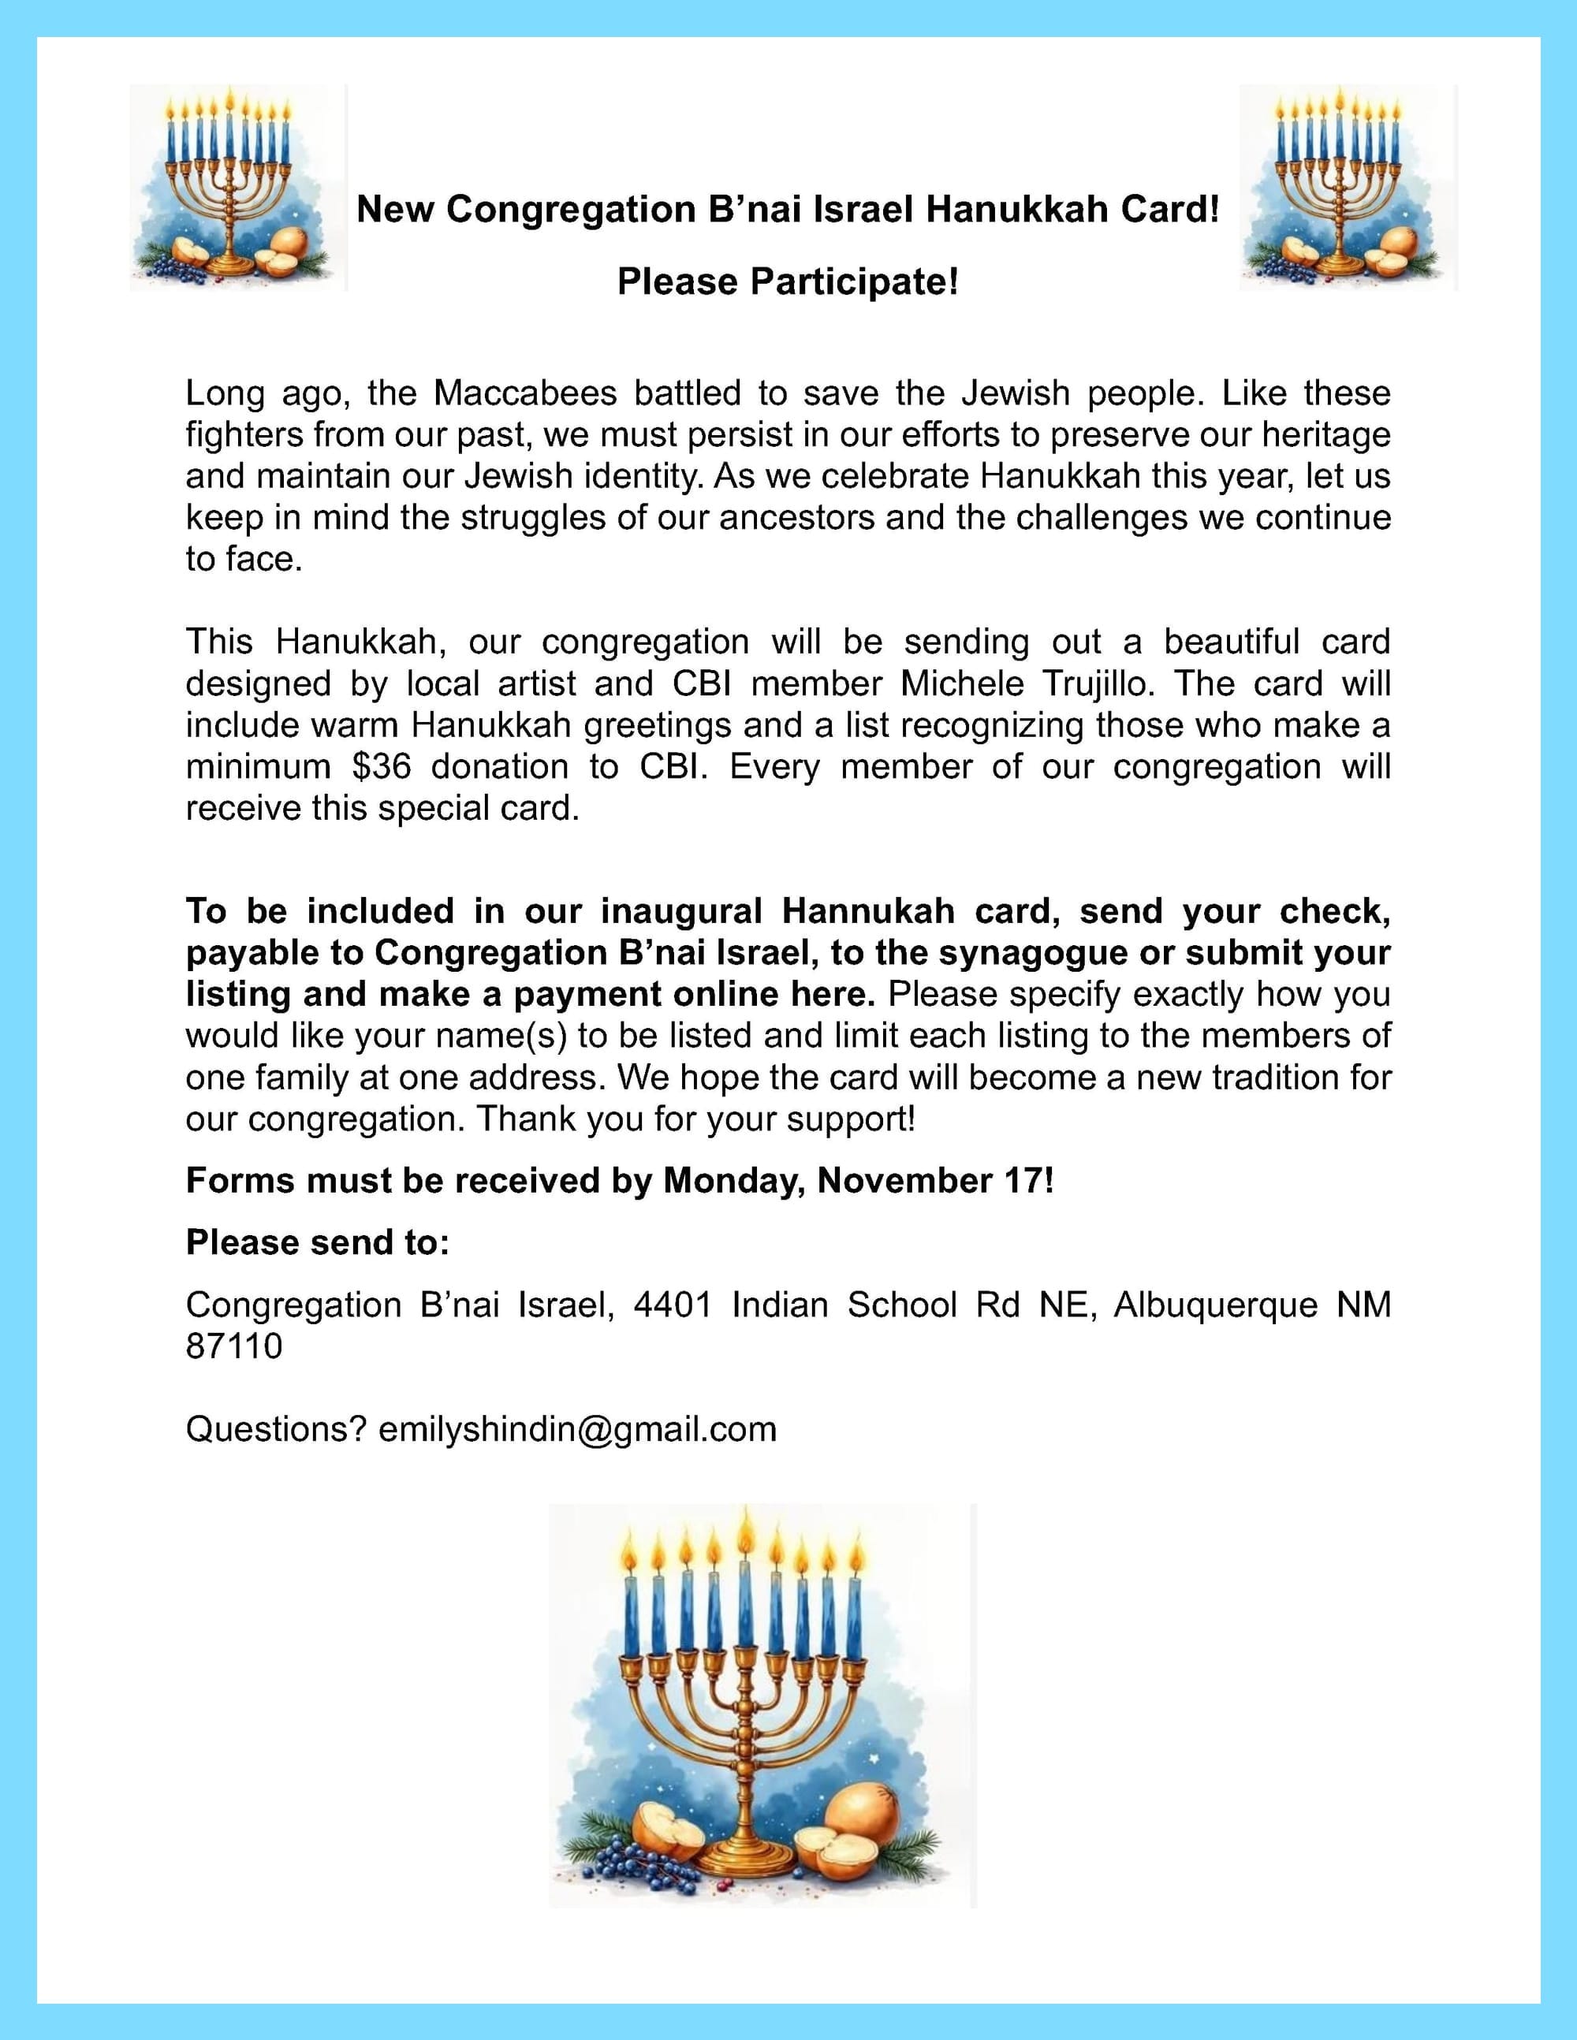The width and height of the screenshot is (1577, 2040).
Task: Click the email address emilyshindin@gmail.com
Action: click(577, 1430)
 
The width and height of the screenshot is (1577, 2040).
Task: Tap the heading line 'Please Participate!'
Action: click(788, 282)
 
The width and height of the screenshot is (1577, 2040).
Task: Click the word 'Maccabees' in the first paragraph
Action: click(525, 393)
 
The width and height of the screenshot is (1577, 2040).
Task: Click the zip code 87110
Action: click(233, 1346)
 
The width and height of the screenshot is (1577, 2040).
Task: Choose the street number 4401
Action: click(673, 1305)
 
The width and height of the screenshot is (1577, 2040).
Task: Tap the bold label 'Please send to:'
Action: click(318, 1242)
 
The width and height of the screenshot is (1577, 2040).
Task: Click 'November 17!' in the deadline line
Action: click(936, 1181)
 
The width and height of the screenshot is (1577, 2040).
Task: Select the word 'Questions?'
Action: click(276, 1430)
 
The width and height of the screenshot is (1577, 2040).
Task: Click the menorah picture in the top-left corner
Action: click(237, 187)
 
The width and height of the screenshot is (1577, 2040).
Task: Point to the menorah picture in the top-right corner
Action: click(1348, 187)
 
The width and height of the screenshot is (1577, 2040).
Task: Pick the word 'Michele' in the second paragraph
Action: click(961, 683)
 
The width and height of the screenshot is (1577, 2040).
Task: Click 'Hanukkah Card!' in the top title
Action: click(1072, 209)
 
